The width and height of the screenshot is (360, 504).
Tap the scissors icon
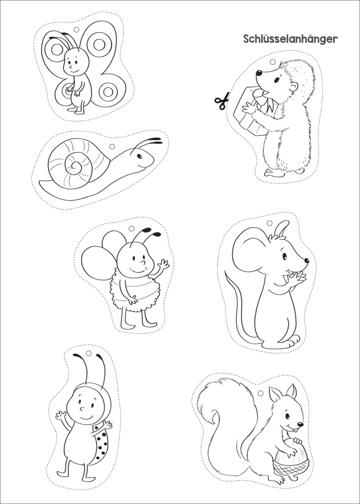coord(222,101)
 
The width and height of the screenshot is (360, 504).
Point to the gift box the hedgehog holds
coord(253,110)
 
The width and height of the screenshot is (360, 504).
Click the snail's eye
coord(139,157)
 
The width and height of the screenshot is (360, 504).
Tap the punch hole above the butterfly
coord(76,29)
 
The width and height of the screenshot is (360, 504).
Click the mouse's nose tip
coord(306,261)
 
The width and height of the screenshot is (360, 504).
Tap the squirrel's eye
coord(287,417)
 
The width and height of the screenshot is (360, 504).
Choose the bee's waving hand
coord(164,265)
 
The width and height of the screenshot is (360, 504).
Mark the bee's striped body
coord(135,291)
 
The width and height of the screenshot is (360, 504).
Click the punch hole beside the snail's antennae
coord(112,147)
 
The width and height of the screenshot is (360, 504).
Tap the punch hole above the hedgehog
coord(273,62)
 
